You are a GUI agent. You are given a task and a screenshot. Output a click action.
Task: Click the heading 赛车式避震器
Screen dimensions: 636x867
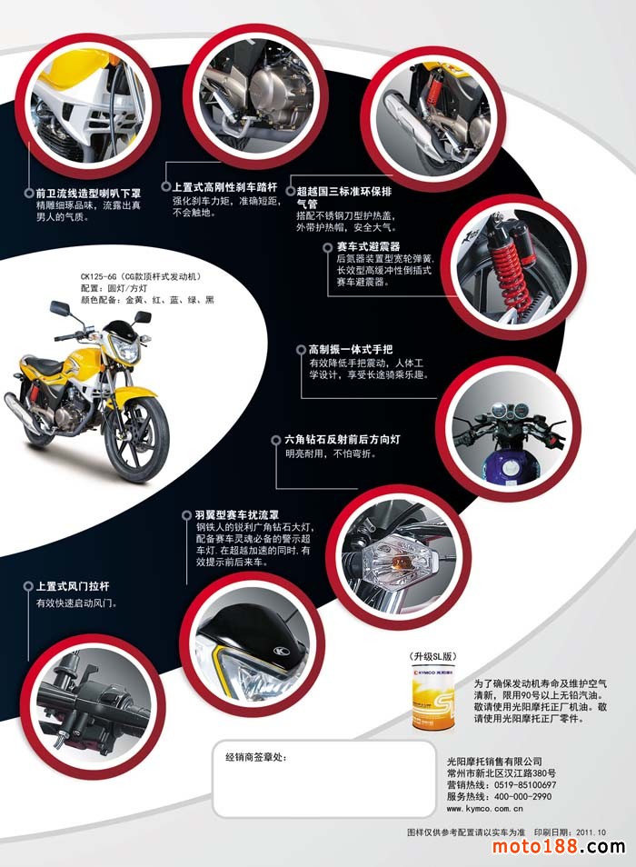(x=369, y=246)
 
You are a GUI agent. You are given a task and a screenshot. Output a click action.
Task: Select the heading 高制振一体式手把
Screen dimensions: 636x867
(x=351, y=350)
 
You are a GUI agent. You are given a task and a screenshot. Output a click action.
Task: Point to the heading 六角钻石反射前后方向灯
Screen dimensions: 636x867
(x=342, y=440)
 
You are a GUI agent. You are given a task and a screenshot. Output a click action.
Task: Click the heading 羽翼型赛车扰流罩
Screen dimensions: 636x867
(x=237, y=514)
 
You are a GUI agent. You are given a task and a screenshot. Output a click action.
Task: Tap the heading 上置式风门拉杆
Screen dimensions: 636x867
(x=73, y=586)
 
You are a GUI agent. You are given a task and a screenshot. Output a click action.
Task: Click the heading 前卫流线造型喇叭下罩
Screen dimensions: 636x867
(x=88, y=194)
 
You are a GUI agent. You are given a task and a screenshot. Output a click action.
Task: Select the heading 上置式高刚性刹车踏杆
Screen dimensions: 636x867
(x=225, y=187)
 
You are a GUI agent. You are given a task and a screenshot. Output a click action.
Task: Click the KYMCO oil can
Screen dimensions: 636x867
(x=433, y=698)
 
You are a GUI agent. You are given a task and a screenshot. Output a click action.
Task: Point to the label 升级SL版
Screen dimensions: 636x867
(x=433, y=656)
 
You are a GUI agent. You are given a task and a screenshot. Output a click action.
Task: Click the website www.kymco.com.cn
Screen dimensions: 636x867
(x=484, y=809)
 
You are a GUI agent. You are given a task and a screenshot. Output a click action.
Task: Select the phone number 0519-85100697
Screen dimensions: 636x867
(x=525, y=785)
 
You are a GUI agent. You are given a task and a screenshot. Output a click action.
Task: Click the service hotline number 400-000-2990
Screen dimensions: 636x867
(x=522, y=797)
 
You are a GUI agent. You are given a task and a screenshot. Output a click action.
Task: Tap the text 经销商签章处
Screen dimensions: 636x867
(x=256, y=757)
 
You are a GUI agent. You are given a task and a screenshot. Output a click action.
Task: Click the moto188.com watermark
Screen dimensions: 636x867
(x=558, y=846)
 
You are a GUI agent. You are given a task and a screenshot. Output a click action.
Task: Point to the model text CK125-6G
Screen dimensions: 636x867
(x=98, y=276)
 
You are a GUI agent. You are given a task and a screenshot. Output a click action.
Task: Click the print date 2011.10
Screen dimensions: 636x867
(x=591, y=832)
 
